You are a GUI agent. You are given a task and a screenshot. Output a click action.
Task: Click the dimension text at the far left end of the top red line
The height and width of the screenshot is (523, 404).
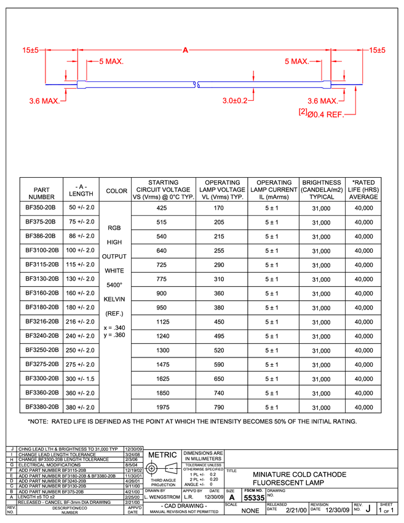pos(30,50)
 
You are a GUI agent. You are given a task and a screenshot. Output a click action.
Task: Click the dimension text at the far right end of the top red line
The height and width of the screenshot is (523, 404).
pos(378,50)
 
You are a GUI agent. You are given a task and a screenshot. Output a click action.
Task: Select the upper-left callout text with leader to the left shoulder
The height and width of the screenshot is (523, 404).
pos(111,62)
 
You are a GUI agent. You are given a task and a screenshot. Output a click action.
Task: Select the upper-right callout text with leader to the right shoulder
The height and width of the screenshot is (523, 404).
pos(296,62)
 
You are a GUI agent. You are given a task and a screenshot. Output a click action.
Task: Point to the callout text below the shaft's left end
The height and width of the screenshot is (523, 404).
pos(44,101)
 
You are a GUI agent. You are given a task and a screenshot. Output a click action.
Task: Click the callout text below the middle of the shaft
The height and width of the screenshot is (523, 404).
pos(236,101)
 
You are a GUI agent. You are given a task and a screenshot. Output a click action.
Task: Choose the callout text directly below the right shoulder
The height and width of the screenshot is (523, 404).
pos(322,100)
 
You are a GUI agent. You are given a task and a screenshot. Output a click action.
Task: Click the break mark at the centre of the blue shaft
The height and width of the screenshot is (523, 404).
pos(196,84)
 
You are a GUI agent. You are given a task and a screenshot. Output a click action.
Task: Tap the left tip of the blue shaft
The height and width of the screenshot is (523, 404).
pos(47,84)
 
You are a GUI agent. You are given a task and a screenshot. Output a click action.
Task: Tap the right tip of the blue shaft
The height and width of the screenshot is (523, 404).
pos(362,84)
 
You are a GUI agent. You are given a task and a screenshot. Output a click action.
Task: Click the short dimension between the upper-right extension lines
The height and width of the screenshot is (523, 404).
pos(338,62)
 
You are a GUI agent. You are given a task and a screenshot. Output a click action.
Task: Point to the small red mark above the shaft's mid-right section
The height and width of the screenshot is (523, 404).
pos(253,76)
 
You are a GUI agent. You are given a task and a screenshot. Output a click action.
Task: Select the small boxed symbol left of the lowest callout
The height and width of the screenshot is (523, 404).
pos(301,112)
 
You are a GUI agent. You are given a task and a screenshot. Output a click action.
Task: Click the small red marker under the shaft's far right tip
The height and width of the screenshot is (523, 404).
pos(355,91)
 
